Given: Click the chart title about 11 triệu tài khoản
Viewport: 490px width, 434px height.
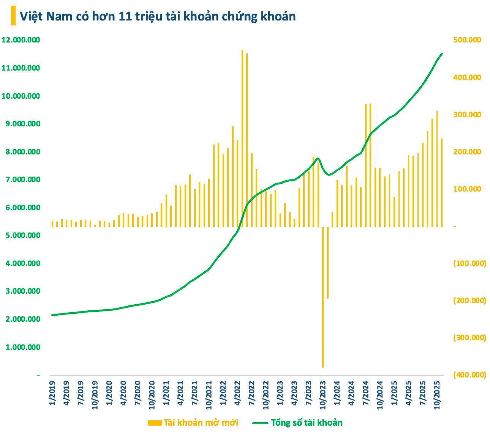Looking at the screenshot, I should [x=157, y=16].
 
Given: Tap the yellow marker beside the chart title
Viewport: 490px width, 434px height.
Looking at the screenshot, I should [x=13, y=16].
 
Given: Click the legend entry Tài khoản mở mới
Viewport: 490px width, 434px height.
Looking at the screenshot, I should [x=193, y=423].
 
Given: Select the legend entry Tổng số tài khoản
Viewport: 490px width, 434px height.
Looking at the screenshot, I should [x=299, y=423].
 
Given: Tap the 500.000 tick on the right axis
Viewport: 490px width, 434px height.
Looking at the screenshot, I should [x=468, y=40].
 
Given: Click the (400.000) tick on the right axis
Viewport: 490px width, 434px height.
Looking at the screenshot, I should [x=469, y=375].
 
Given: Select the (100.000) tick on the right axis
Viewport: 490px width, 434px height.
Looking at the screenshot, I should [x=469, y=263].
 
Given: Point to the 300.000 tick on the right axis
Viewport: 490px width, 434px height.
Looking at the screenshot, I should [x=468, y=115].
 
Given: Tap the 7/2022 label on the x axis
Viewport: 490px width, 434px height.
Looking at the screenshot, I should [x=251, y=394].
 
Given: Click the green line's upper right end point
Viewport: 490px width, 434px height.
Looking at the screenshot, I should [x=442, y=53].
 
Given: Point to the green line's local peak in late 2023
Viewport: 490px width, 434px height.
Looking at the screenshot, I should [x=318, y=159].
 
